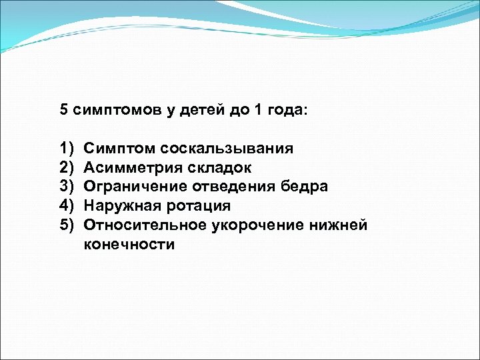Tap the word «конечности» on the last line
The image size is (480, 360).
(x=129, y=245)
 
